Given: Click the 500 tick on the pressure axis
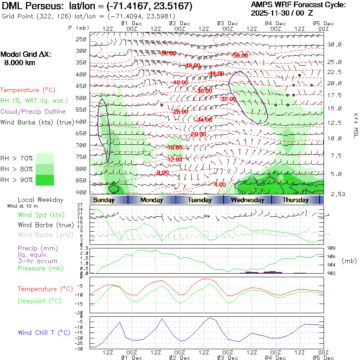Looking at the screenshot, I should click(81, 98).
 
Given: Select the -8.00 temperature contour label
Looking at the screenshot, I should click(162, 172).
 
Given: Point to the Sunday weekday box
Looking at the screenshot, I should click(103, 200).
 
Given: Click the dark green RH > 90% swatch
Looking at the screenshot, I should click(45, 180).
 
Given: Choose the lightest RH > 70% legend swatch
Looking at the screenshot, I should click(45, 158).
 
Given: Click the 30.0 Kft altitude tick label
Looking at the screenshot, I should click(334, 44).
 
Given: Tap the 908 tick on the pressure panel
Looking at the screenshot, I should click(331, 248).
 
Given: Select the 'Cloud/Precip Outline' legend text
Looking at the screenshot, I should click(33, 111).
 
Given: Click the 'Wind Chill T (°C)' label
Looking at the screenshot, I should click(44, 332).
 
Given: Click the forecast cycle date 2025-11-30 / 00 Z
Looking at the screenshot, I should click(285, 13).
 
